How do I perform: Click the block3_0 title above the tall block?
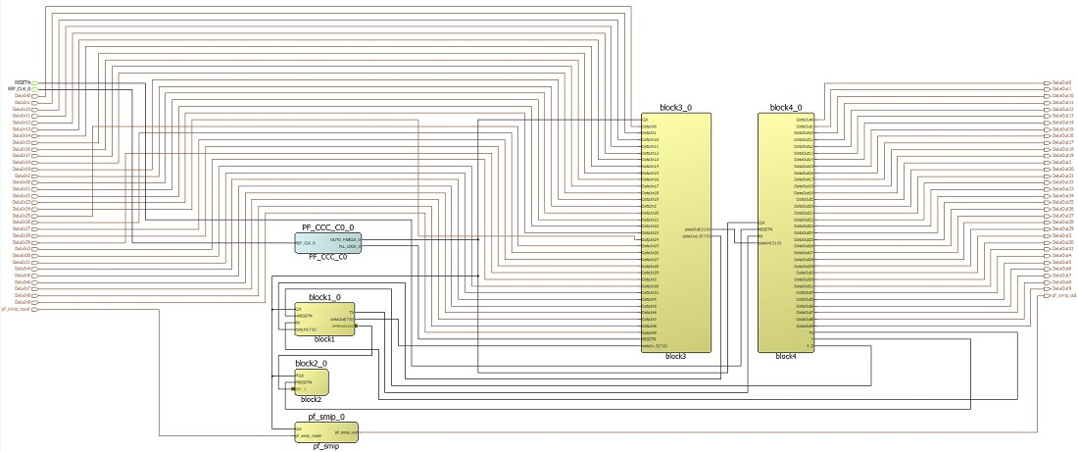pos(675,107)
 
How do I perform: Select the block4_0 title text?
pos(786,107)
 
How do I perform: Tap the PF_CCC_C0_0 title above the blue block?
pos(328,226)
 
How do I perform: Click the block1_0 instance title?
pos(324,296)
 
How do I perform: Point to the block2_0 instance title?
pos(311,363)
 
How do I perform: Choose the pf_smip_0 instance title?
pos(316,417)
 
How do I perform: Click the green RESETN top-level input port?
pos(34,81)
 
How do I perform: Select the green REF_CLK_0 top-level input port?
pos(34,88)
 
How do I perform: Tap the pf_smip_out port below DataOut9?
pos(1049,295)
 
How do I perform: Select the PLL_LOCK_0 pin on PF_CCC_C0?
pos(347,246)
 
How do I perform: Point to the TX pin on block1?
pos(352,312)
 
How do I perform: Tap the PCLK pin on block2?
pos(300,375)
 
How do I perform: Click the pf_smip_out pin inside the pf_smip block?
pos(346,430)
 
